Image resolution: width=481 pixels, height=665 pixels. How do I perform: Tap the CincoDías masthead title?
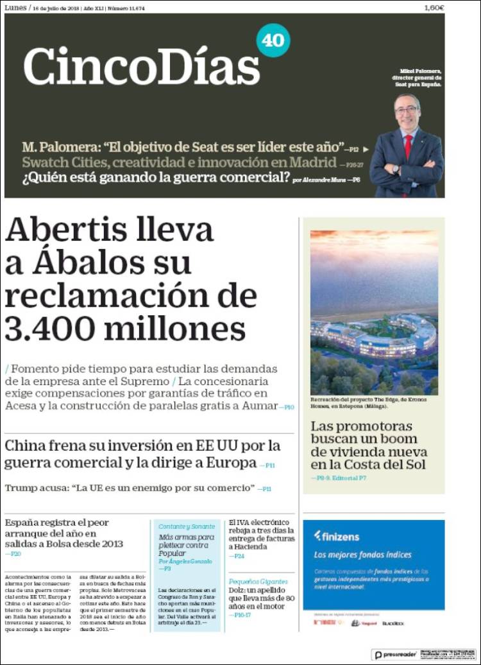click(142, 66)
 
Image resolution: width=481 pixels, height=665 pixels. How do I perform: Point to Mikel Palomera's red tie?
click(408, 147)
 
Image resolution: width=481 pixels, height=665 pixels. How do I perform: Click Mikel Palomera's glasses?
click(407, 110)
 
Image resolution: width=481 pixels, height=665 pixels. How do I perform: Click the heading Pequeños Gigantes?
click(258, 582)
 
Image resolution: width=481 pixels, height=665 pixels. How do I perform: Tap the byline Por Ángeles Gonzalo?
click(186, 561)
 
